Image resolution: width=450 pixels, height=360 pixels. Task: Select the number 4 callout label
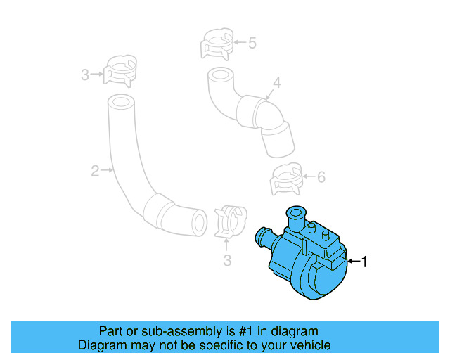coord(277,84)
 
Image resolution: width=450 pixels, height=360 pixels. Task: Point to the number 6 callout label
coord(321,177)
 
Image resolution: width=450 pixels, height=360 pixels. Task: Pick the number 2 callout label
coord(94,170)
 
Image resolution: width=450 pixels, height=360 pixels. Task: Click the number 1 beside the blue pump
coord(364,262)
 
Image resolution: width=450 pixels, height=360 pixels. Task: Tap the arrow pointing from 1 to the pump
coord(354,262)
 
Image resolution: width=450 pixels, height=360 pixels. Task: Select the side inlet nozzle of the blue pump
coord(262,235)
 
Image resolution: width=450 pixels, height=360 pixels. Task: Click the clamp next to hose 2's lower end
coord(228,220)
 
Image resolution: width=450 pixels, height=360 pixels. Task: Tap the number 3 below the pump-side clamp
coord(227,262)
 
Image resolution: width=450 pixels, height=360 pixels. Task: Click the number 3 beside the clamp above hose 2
coord(85,74)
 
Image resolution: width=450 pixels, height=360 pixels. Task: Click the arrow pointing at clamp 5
coord(239,43)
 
